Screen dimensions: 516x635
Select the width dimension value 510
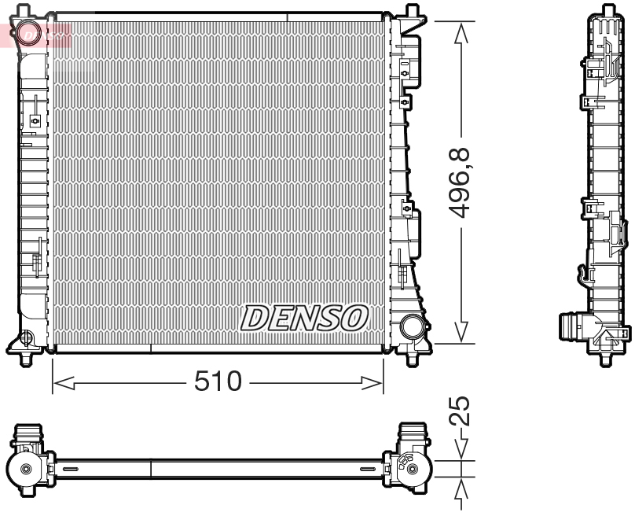tap(218, 382)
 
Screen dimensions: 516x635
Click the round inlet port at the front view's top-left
tap(31, 34)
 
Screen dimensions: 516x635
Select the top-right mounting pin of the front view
tap(411, 11)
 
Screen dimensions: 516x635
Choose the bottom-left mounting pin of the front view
tap(29, 360)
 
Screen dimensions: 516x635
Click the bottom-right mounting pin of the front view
tap(411, 360)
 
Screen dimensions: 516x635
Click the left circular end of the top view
tap(27, 469)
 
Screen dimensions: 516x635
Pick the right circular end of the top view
tap(411, 469)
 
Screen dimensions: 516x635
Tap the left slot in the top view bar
tap(70, 469)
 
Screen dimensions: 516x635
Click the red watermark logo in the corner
tap(35, 34)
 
